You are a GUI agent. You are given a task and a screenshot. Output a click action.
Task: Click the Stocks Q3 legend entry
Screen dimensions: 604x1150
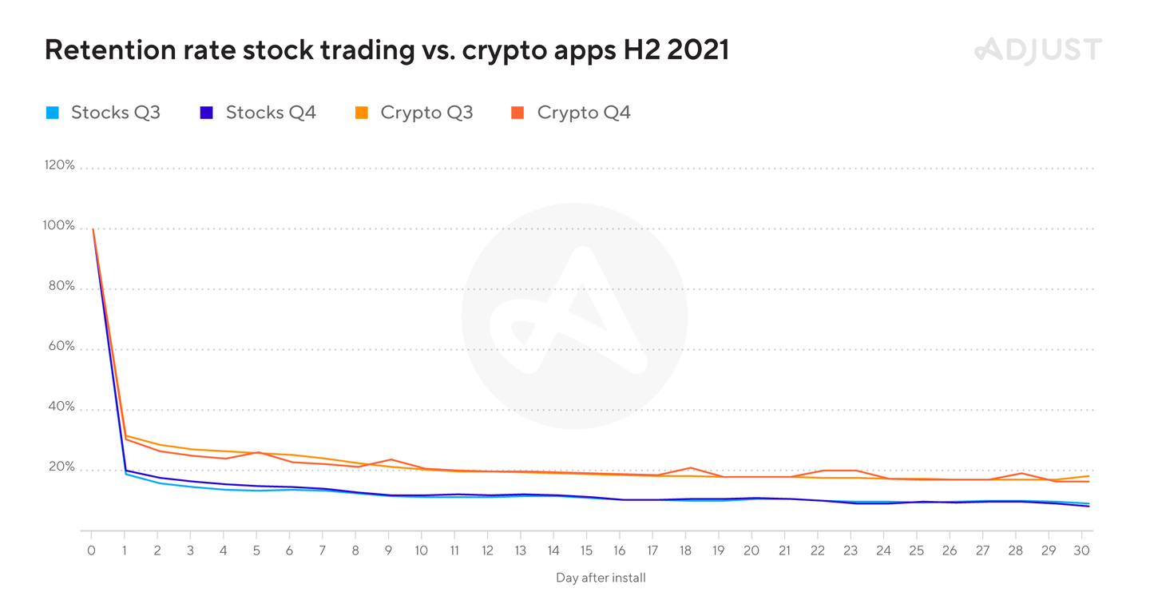click(x=104, y=113)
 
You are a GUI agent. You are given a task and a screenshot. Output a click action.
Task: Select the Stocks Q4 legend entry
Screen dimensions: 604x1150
click(x=259, y=113)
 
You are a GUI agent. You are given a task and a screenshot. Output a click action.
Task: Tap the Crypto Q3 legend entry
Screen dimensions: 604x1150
click(x=414, y=113)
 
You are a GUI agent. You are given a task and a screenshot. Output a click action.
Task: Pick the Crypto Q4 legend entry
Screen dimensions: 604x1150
click(x=572, y=113)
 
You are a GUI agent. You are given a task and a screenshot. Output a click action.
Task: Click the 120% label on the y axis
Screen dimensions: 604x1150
click(x=59, y=165)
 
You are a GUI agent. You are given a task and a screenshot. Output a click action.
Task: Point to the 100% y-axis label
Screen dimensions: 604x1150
click(x=59, y=226)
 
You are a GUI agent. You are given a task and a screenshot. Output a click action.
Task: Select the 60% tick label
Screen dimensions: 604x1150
click(x=61, y=347)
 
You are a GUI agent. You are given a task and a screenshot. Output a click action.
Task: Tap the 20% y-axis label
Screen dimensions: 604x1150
click(x=61, y=467)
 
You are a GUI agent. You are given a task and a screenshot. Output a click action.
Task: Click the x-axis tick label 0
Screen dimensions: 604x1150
click(x=91, y=550)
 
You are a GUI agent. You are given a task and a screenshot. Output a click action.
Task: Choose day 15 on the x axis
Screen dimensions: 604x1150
click(x=587, y=550)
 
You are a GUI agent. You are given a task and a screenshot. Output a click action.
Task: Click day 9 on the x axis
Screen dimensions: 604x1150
click(x=389, y=550)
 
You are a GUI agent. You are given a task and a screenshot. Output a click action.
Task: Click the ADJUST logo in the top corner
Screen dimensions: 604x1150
click(x=1037, y=50)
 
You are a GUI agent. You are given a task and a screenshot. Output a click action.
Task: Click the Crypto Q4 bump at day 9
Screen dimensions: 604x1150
click(x=389, y=459)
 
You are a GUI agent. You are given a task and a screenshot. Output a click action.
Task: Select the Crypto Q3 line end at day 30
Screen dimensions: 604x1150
click(x=1089, y=476)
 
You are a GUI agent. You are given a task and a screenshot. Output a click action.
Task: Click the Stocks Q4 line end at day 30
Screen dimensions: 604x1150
click(x=1089, y=506)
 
